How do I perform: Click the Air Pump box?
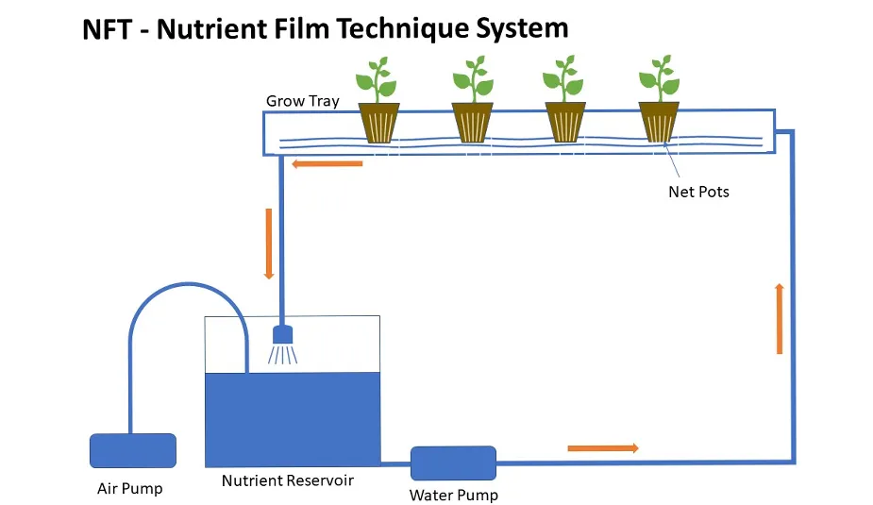pos(132,450)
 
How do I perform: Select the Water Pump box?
pos(453,463)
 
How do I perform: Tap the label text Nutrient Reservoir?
pos(287,480)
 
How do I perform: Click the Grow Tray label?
pos(302,101)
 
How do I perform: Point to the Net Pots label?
pos(698,192)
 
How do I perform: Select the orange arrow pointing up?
pos(779,318)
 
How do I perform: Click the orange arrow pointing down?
pos(269,244)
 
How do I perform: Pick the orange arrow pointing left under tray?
pos(327,164)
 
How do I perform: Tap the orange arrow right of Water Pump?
pos(602,447)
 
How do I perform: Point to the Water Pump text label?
pos(453,495)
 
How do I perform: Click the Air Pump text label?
pos(130,488)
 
